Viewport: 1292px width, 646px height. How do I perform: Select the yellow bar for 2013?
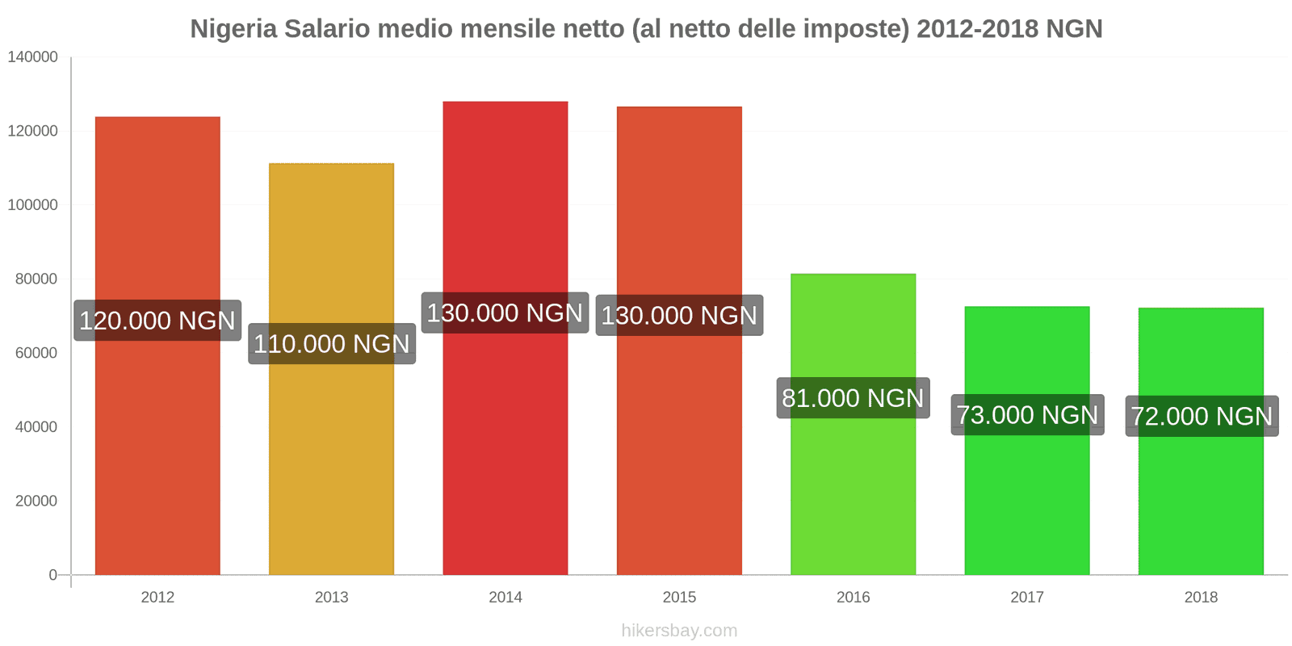pos(331,468)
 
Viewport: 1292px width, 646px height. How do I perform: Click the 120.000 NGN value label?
pos(157,321)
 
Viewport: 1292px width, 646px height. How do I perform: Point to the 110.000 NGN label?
pos(332,344)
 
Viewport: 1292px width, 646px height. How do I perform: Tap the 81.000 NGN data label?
pos(853,398)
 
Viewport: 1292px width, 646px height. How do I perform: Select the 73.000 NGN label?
pos(1027,415)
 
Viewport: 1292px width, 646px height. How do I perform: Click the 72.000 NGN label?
pos(1202,417)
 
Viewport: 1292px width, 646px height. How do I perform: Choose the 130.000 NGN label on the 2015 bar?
pos(679,315)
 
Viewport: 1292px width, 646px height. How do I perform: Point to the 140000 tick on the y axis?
pos(32,57)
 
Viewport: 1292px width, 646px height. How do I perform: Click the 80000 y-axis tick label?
pos(36,279)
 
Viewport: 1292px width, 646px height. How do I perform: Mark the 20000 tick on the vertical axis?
pos(36,501)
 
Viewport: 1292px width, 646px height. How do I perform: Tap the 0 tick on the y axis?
pos(53,575)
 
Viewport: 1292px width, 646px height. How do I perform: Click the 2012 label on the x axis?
pos(157,598)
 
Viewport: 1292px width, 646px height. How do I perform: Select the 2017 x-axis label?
pos(1027,598)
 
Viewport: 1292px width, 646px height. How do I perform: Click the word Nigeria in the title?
pos(233,29)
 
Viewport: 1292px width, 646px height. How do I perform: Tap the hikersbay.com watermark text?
pos(679,631)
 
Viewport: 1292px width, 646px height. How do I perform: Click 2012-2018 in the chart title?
pos(977,29)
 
